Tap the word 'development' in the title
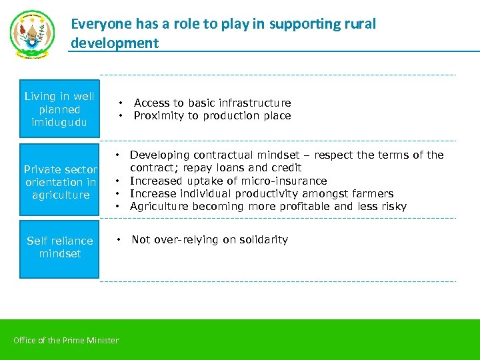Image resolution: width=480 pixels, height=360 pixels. pos(115,43)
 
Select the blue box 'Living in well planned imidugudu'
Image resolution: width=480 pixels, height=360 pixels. pos(59,109)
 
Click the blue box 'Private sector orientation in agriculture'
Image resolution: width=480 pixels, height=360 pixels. pos(59,181)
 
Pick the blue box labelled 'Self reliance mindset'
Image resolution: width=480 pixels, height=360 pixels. pos(59,248)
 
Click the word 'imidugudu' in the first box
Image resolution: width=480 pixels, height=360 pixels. pos(59,123)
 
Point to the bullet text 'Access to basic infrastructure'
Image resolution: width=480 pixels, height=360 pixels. pos(212,103)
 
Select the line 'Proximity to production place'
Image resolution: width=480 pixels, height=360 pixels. pos(212,116)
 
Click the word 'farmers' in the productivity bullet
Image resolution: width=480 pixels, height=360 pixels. pos(372,193)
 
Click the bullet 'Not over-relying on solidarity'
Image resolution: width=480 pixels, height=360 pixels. pos(209,239)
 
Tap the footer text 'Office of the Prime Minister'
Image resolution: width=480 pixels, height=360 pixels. pos(66,341)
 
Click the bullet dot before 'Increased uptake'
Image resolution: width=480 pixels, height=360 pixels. pos(117,181)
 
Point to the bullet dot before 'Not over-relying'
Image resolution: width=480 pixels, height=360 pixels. pos(117,239)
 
